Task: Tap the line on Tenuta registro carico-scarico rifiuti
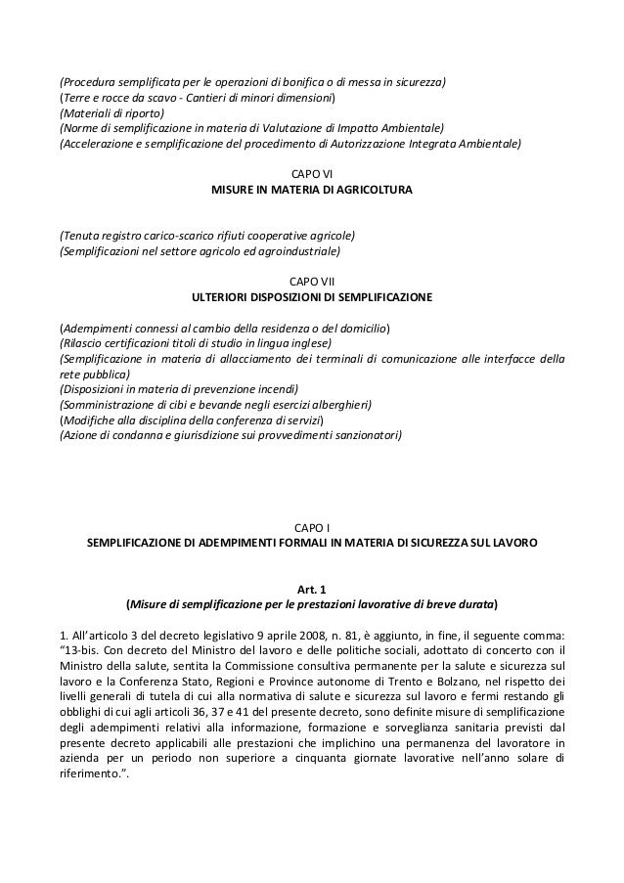click(207, 236)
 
